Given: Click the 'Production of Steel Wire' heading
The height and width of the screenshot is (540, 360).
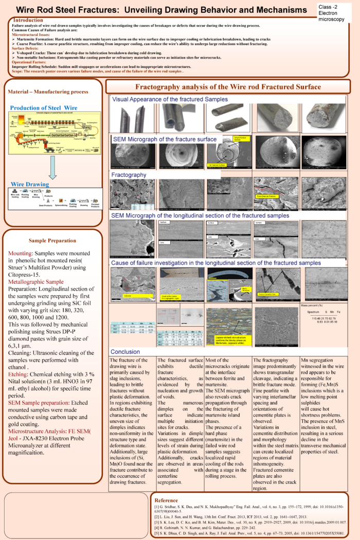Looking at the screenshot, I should pyautogui.click(x=43, y=107).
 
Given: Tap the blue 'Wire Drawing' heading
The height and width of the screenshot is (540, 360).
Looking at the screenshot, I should pyautogui.click(x=30, y=184).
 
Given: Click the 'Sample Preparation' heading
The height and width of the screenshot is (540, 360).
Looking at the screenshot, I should pyautogui.click(x=52, y=240).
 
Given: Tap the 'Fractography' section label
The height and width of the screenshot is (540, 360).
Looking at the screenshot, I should pyautogui.click(x=129, y=175).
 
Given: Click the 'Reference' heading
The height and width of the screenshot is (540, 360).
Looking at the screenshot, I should pyautogui.click(x=167, y=500).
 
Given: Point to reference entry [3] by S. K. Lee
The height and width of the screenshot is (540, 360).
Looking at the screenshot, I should pyautogui.click(x=249, y=522).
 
